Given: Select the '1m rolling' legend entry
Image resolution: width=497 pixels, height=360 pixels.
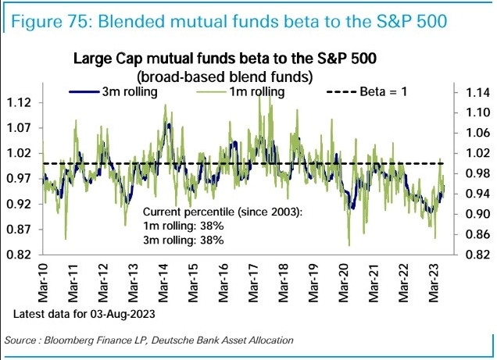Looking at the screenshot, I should [x=257, y=91].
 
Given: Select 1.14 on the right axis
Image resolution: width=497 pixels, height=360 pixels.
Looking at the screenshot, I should [x=474, y=92].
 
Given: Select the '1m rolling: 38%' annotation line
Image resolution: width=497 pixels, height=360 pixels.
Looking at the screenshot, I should [x=184, y=226].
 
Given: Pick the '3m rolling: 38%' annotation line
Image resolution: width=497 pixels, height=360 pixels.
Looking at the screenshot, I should [x=184, y=240].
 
